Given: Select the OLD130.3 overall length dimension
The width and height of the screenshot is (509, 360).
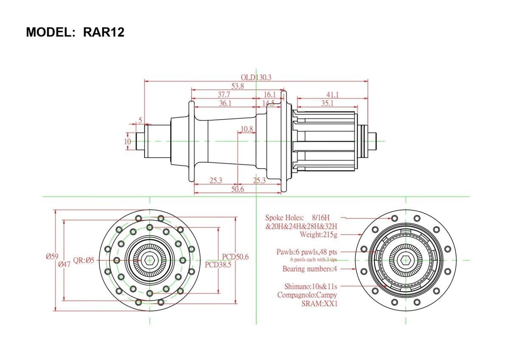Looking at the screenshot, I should pos(256,77).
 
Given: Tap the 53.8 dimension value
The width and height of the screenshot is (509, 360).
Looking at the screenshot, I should pos(238,86).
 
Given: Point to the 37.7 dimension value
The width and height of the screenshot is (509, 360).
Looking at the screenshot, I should pos(224,94).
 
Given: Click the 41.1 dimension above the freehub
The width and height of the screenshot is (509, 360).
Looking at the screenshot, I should pos(332,94).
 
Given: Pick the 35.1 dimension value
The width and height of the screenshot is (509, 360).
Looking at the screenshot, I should pos(327,103).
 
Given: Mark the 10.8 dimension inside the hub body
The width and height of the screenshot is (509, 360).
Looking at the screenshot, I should pos(247,129).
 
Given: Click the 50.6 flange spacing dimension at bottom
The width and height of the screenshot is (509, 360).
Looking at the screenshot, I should pos(238,189).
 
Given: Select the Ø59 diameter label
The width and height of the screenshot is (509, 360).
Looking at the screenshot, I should pos(52,256).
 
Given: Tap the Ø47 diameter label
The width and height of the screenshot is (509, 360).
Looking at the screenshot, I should pos(64,264).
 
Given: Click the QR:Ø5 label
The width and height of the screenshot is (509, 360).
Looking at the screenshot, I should pos(84,260).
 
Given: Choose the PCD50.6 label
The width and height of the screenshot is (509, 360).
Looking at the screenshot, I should pos(235,256).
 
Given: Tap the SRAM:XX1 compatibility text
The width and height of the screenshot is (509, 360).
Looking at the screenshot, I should pos(319,304).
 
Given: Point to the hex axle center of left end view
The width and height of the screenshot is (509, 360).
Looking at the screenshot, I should pos(150,260).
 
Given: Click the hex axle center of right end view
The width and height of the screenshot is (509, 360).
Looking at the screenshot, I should pos(406,260).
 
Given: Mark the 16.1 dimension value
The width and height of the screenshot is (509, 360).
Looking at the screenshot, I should pos(270,94).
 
